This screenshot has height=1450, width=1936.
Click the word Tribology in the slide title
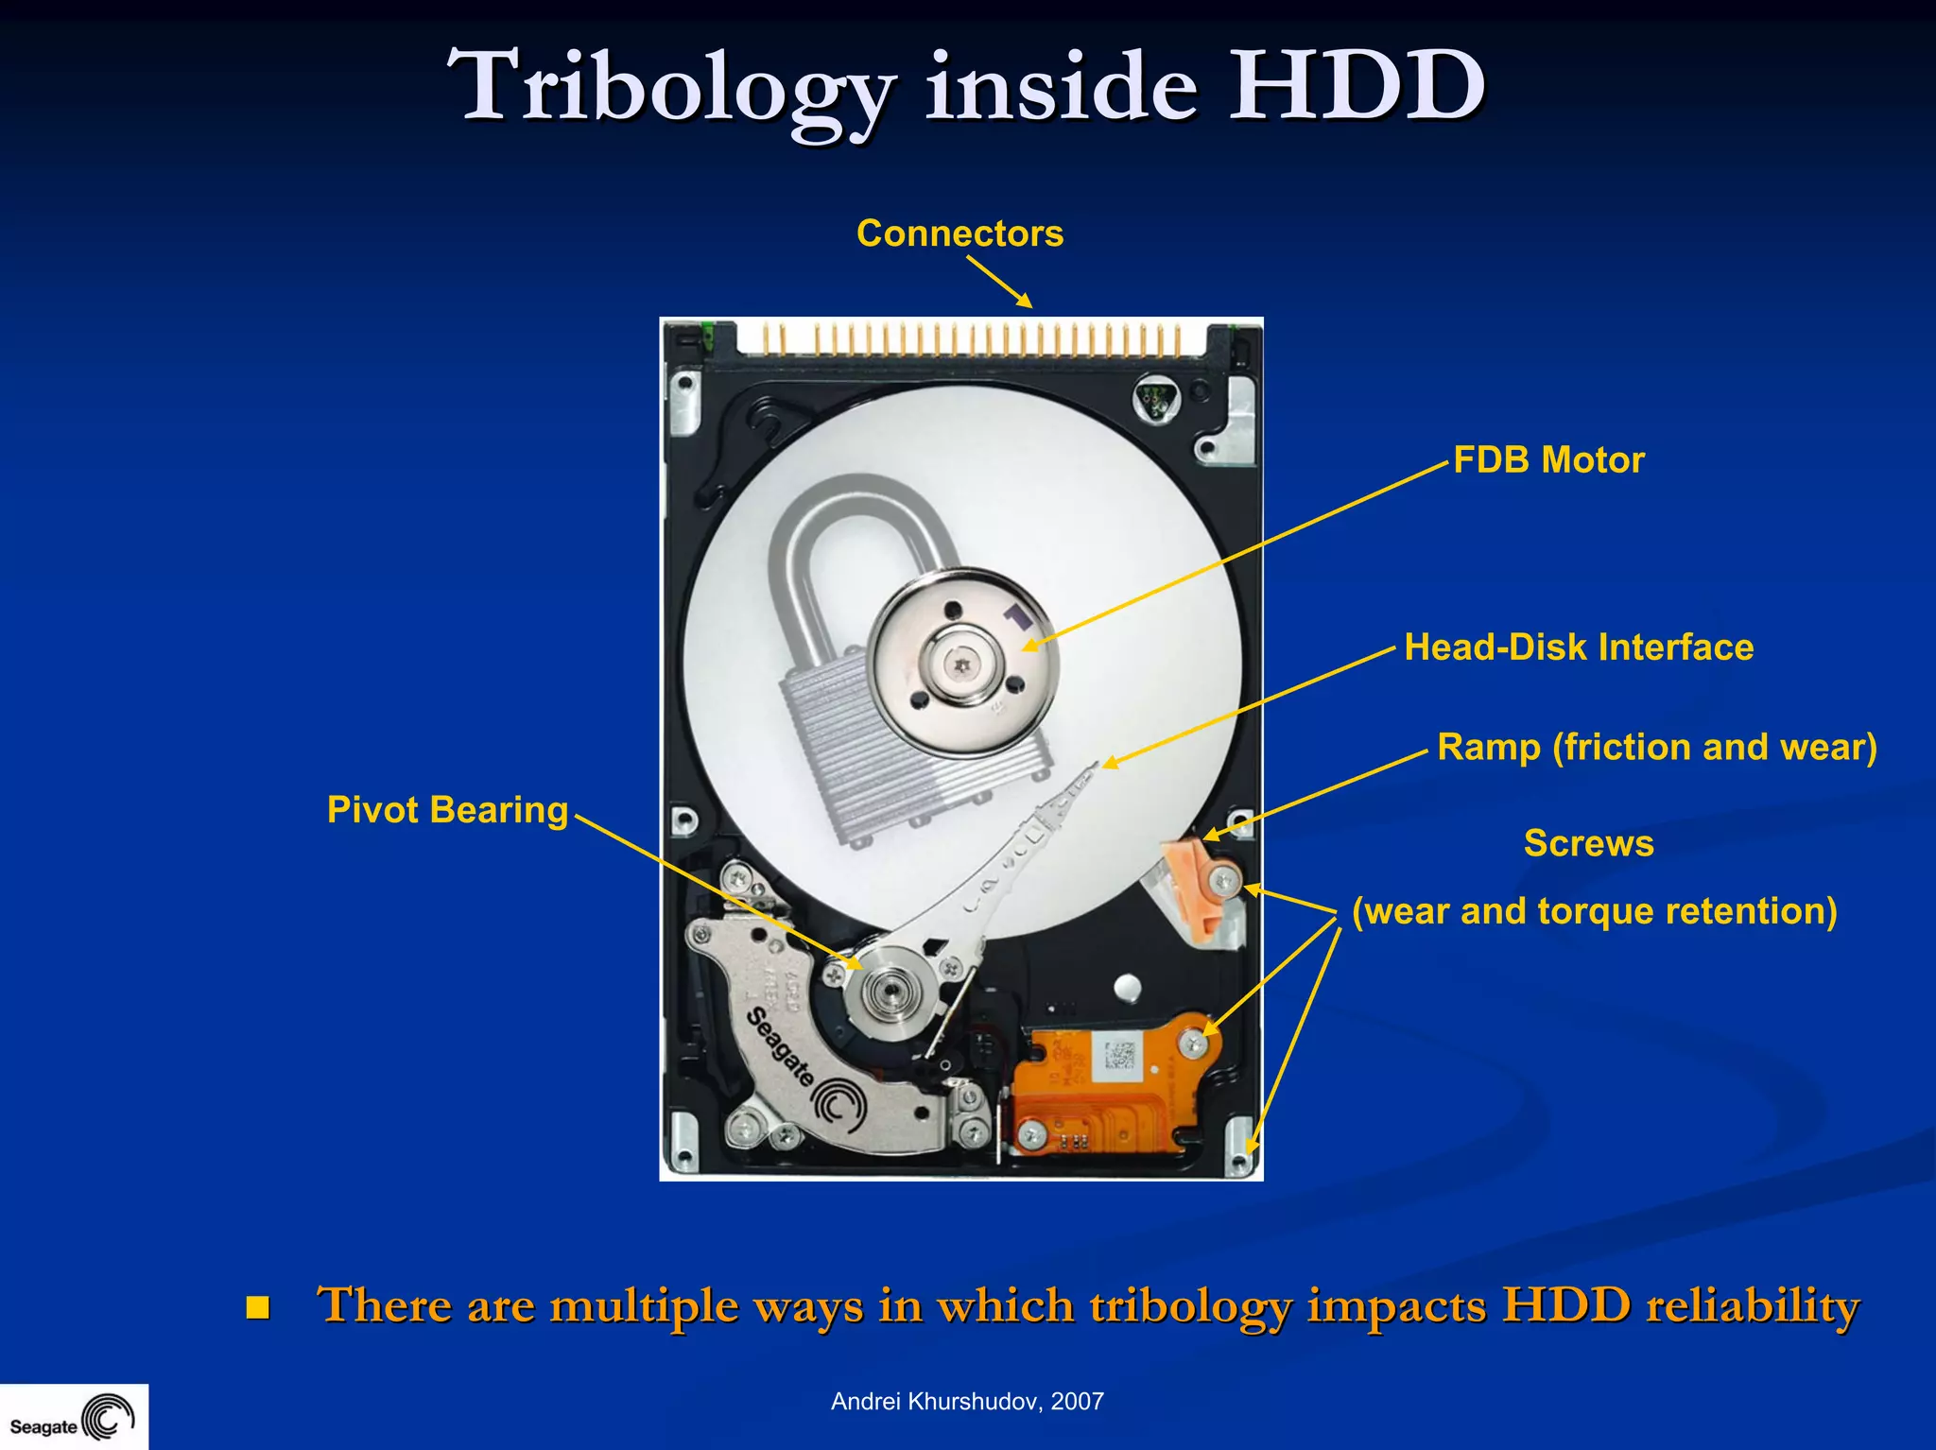pyautogui.click(x=671, y=87)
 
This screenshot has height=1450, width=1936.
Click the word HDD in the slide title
pyautogui.click(x=1356, y=87)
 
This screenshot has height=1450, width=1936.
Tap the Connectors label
pyautogui.click(x=959, y=233)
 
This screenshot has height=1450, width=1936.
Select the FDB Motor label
pyautogui.click(x=1548, y=460)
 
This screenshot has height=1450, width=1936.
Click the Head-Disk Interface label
pyautogui.click(x=1578, y=647)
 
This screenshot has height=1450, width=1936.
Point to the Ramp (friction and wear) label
pyautogui.click(x=1656, y=747)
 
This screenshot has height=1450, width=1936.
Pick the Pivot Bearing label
pyautogui.click(x=447, y=810)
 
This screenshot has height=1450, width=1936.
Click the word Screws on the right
pyautogui.click(x=1588, y=843)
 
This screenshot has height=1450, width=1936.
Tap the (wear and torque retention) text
pyautogui.click(x=1594, y=911)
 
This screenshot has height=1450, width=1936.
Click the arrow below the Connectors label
pyautogui.click(x=999, y=282)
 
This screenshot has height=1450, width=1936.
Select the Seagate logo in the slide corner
pyautogui.click(x=74, y=1418)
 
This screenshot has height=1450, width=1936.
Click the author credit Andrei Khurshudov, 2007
pyautogui.click(x=967, y=1402)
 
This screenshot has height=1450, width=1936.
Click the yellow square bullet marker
pyautogui.click(x=257, y=1307)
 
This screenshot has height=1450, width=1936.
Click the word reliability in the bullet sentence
pyautogui.click(x=1752, y=1305)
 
